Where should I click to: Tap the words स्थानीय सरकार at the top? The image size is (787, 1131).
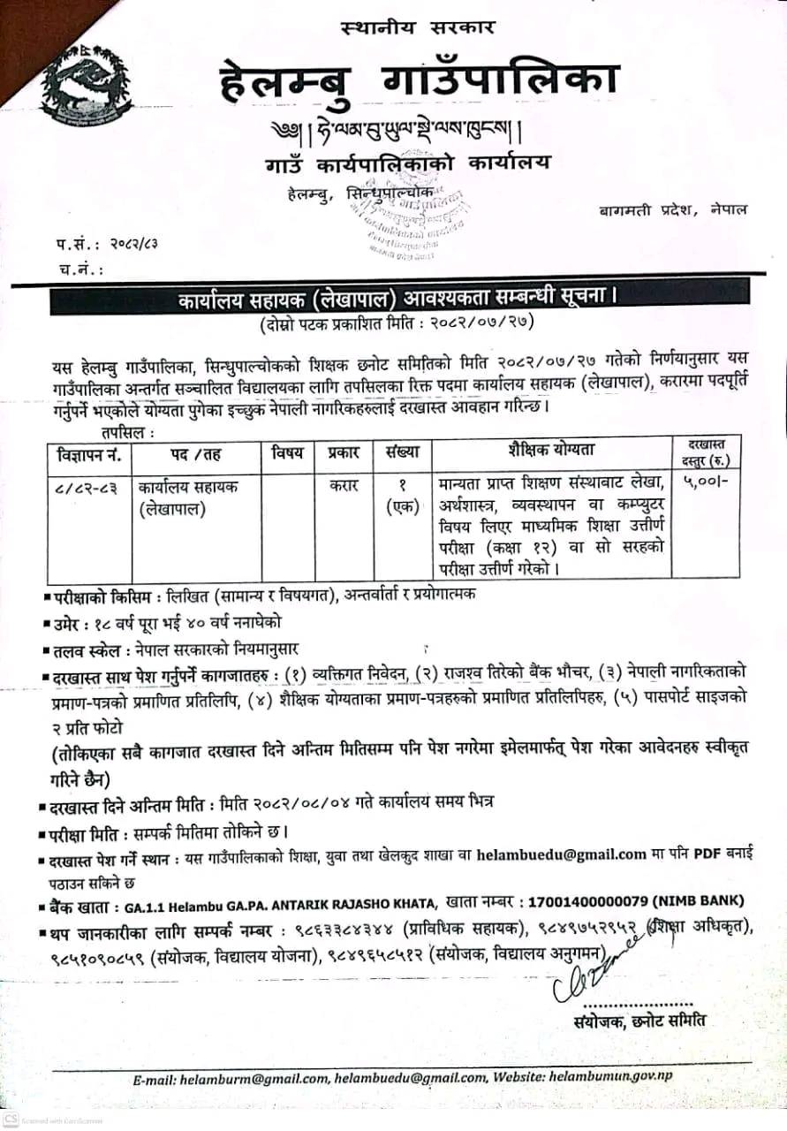(x=418, y=27)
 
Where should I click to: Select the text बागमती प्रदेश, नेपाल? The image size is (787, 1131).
(x=671, y=209)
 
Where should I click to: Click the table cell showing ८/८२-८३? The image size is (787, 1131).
(x=86, y=485)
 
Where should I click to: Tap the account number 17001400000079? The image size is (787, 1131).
(x=586, y=901)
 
